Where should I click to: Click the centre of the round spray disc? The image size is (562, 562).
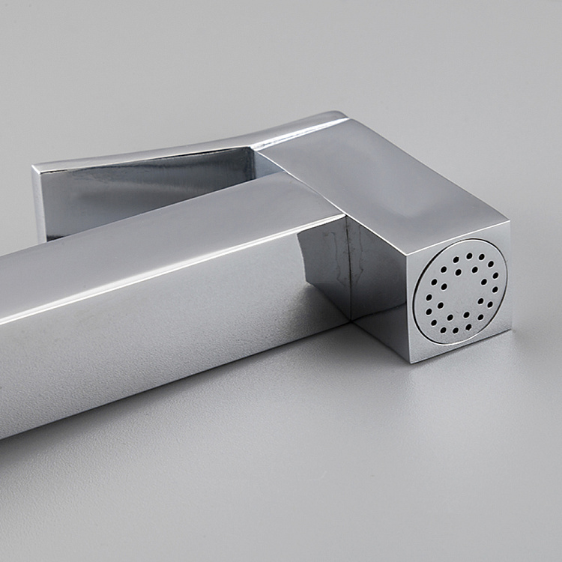pyautogui.click(x=460, y=291)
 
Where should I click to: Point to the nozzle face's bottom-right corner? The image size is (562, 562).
pyautogui.click(x=512, y=328)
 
